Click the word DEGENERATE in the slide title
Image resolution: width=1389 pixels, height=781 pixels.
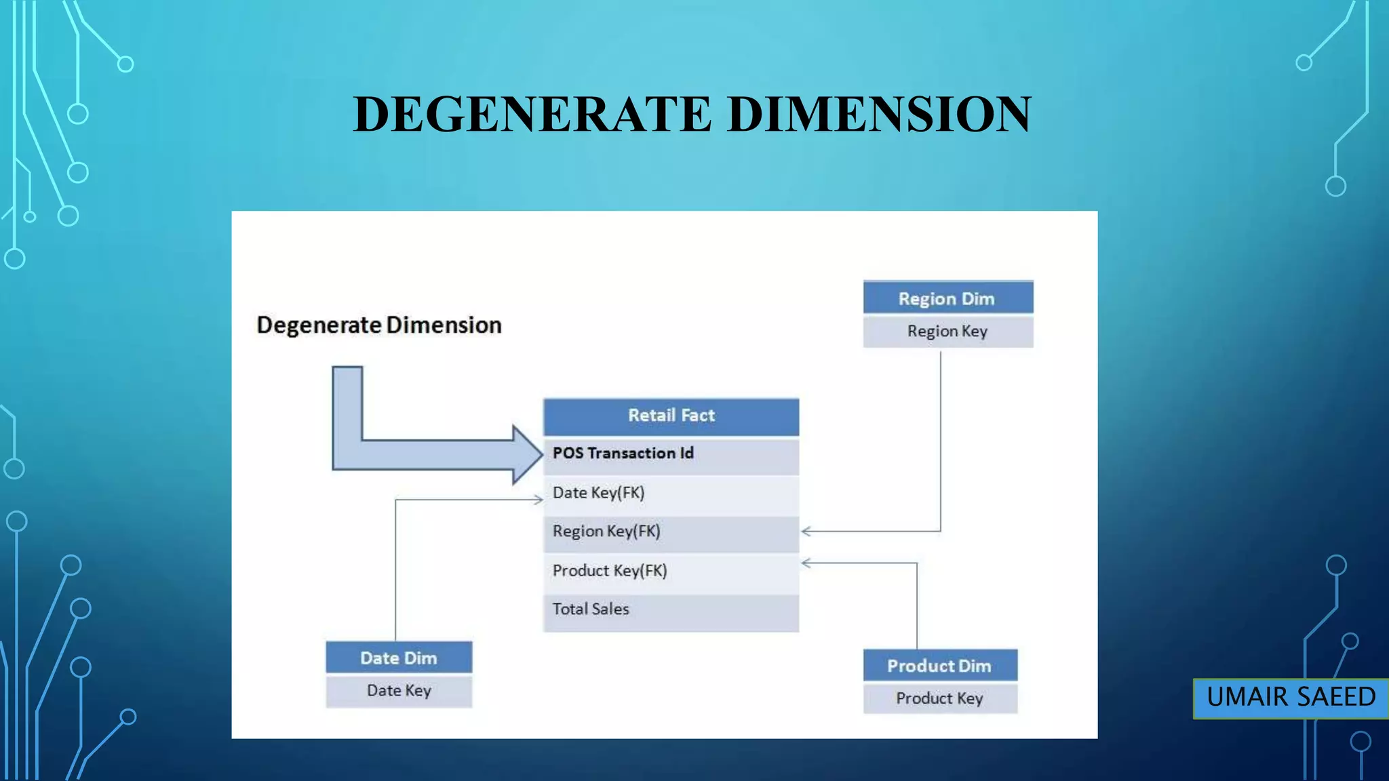click(x=532, y=114)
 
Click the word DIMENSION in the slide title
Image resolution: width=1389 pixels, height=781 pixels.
click(x=879, y=114)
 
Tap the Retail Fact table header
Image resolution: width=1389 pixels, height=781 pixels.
click(x=671, y=416)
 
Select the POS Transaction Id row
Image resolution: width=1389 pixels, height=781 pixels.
click(x=671, y=454)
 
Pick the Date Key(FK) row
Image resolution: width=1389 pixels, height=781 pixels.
click(x=671, y=493)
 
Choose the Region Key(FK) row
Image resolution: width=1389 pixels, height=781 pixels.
click(x=671, y=532)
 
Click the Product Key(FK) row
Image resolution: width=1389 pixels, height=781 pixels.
click(x=671, y=571)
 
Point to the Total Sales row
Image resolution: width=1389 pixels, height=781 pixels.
click(x=671, y=609)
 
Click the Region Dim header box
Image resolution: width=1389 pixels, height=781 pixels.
click(x=947, y=298)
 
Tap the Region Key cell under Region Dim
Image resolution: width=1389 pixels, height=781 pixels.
click(x=947, y=332)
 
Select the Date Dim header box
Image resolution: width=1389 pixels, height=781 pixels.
click(x=399, y=658)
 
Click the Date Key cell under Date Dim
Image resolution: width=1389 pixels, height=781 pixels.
click(x=399, y=691)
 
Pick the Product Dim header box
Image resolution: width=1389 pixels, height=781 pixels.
click(x=939, y=666)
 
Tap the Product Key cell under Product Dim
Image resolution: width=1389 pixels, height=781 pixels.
click(x=939, y=698)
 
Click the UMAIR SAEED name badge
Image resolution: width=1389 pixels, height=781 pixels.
click(x=1291, y=698)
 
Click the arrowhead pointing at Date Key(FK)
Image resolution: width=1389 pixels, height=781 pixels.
click(x=539, y=500)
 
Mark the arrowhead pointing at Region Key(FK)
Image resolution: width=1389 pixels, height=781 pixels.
click(x=806, y=532)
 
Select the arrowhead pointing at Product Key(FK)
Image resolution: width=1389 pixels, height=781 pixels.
click(x=806, y=563)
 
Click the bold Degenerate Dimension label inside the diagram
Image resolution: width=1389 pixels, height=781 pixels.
click(x=379, y=325)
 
